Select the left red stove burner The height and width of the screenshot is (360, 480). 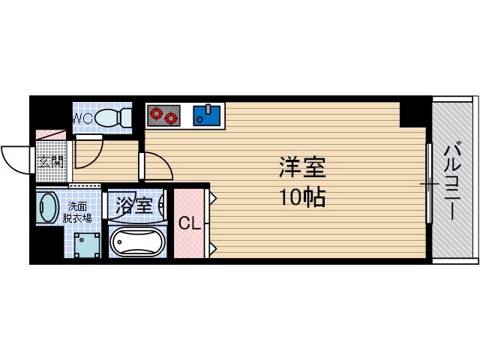[x=157, y=115]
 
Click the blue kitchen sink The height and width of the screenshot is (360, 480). [x=206, y=115]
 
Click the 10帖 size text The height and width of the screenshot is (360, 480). [x=302, y=198]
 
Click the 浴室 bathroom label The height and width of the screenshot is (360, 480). [x=134, y=205]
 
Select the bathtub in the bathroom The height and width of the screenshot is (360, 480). [x=137, y=242]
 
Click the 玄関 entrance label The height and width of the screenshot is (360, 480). [x=50, y=160]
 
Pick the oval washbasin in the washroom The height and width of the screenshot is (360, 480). [x=47, y=208]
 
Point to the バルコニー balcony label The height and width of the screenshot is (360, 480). [x=454, y=181]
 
